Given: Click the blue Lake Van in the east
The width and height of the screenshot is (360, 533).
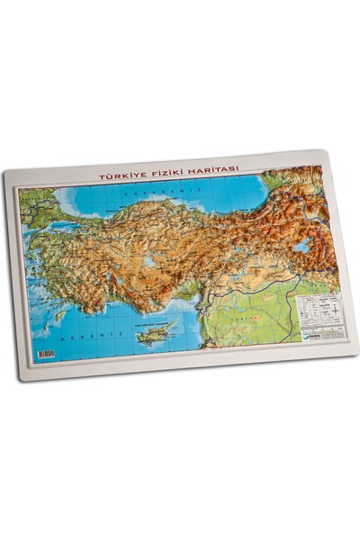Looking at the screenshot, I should [x=302, y=244].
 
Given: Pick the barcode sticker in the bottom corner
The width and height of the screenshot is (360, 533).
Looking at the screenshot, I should [x=44, y=354].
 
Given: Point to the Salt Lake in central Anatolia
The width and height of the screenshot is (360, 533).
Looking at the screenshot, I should [x=148, y=262].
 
